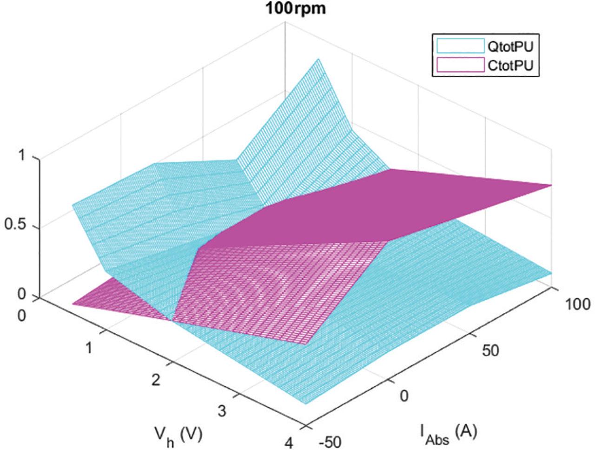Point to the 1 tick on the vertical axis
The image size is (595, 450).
click(x=21, y=157)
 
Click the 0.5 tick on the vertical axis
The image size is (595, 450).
click(x=14, y=228)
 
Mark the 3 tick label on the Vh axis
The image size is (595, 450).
click(x=222, y=411)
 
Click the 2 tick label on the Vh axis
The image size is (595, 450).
click(x=156, y=380)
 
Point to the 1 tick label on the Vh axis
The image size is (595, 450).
click(x=89, y=349)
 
